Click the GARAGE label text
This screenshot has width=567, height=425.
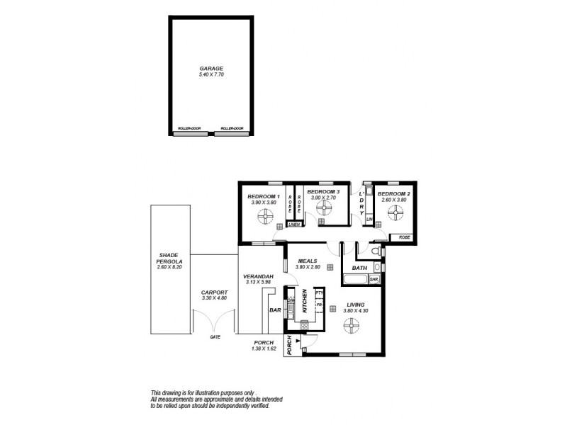[210, 68]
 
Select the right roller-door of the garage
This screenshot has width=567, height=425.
[228, 132]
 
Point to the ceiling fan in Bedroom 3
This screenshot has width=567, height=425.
[324, 207]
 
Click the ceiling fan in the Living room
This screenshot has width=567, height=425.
[352, 325]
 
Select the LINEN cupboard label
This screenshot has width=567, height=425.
[293, 225]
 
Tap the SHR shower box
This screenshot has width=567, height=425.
[374, 280]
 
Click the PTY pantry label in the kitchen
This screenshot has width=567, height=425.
[319, 292]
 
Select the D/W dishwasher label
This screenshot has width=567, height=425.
[291, 300]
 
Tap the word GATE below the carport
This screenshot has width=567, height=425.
[214, 337]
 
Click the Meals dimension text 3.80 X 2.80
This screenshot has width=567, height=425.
[308, 266]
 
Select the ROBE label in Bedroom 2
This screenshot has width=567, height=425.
[404, 237]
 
